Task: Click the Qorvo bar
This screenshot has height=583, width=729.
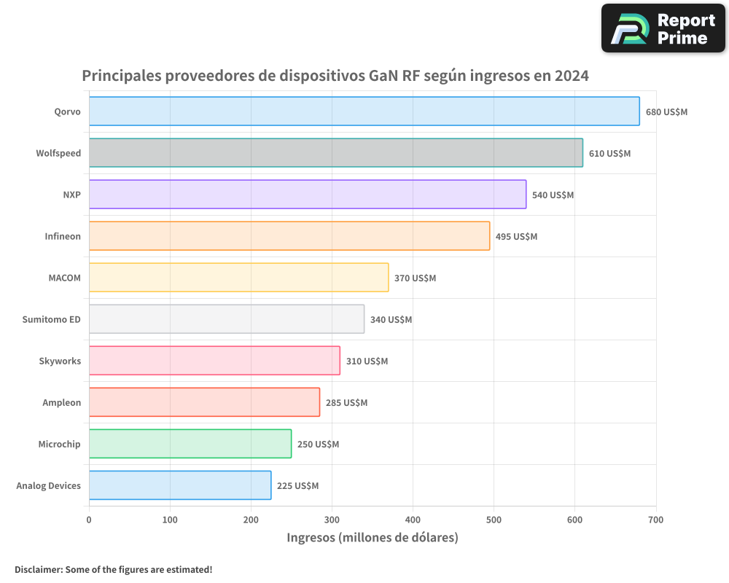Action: pos(364,111)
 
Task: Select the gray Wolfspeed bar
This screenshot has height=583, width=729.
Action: pos(335,153)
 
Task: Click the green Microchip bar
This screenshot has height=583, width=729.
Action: pos(190,444)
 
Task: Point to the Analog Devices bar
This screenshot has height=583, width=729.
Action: pos(179,485)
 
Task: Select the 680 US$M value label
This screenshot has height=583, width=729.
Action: pos(666,112)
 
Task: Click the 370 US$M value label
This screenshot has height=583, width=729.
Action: pos(415,278)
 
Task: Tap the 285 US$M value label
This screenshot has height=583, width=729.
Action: pos(346,403)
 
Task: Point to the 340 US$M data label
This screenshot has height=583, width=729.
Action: pos(391,320)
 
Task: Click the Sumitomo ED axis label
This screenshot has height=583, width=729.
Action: pos(51,319)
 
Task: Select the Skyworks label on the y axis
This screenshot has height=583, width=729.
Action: pos(60,361)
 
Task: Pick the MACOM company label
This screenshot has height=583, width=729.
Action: pos(64,278)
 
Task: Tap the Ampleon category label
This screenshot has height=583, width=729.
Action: pos(61,402)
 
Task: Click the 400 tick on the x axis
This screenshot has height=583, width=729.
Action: pos(413,520)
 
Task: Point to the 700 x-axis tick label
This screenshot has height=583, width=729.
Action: pos(655,520)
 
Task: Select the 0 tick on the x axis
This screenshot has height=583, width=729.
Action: pos(89,520)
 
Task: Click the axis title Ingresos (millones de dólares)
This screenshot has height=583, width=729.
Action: pos(372,538)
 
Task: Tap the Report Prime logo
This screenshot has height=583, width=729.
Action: pos(663,28)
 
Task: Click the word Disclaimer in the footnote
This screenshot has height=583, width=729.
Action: pos(37,569)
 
